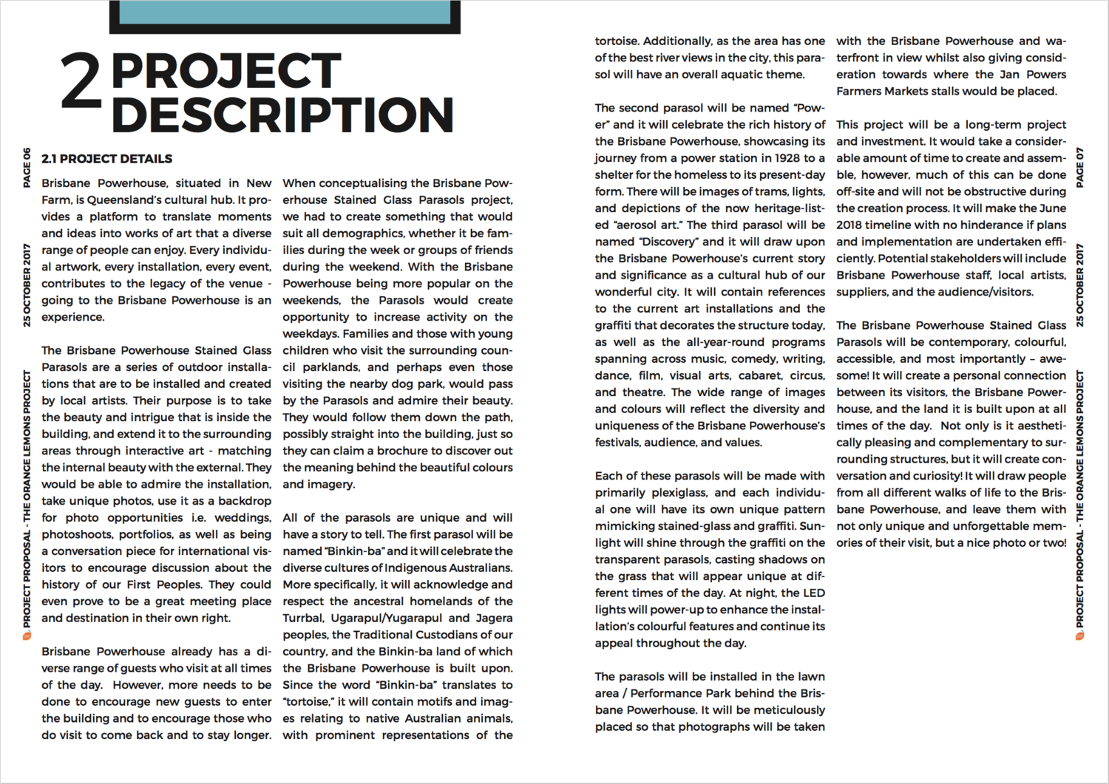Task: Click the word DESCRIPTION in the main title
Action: pyautogui.click(x=282, y=115)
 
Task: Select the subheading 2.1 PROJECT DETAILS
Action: pyautogui.click(x=106, y=159)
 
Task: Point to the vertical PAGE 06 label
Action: pyautogui.click(x=27, y=168)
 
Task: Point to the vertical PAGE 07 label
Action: pyautogui.click(x=1080, y=168)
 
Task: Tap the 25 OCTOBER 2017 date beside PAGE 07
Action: pyautogui.click(x=1080, y=285)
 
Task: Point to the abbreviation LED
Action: pyautogui.click(x=814, y=593)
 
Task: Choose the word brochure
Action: pyautogui.click(x=404, y=451)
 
